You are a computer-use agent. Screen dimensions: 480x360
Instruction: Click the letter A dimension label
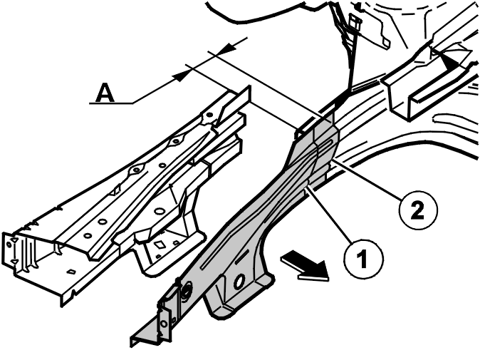point(105,93)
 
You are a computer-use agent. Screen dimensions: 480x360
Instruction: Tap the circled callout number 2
point(419,210)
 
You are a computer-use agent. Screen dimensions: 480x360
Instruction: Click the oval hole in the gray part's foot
point(239,282)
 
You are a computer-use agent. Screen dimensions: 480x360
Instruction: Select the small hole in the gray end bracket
point(164,324)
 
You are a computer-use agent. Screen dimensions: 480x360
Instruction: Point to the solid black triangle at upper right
point(447,60)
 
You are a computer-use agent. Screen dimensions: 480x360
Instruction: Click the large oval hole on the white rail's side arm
point(160,211)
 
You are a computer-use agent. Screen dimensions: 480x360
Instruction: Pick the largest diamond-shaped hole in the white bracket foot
point(160,245)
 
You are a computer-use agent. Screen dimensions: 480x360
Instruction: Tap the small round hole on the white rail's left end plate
point(9,245)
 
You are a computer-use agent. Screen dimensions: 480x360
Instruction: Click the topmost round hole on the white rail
point(209,115)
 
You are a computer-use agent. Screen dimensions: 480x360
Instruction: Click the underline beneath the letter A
point(111,103)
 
